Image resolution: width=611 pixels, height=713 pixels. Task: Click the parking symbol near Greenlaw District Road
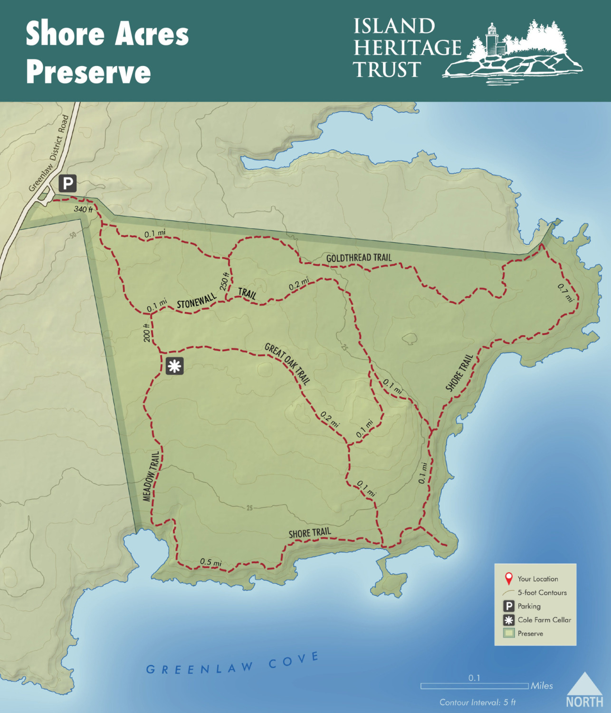pos(67,183)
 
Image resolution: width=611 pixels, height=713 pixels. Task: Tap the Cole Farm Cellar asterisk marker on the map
pos(174,366)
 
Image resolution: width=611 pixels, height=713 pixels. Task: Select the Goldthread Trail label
pos(359,258)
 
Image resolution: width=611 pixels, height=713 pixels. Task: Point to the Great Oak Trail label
pos(287,363)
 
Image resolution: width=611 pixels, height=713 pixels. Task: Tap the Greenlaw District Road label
pos(49,153)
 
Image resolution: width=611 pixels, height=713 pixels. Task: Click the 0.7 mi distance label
pos(565,293)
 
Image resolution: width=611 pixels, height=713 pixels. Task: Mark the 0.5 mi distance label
pos(210,562)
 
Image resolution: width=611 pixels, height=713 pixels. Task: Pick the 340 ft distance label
pos(83,209)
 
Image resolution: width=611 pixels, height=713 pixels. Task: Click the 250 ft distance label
pos(224,281)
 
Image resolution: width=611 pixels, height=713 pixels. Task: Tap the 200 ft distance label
pos(147,332)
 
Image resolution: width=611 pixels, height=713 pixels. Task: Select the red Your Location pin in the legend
pos(509,578)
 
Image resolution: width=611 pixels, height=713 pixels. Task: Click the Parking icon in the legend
pos(509,606)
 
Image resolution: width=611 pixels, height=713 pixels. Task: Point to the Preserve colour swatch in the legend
pos(509,633)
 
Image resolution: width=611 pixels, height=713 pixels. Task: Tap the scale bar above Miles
pos(474,686)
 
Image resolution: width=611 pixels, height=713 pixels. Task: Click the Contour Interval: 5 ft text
pos(477,702)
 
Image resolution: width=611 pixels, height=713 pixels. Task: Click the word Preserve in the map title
pos(88,72)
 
